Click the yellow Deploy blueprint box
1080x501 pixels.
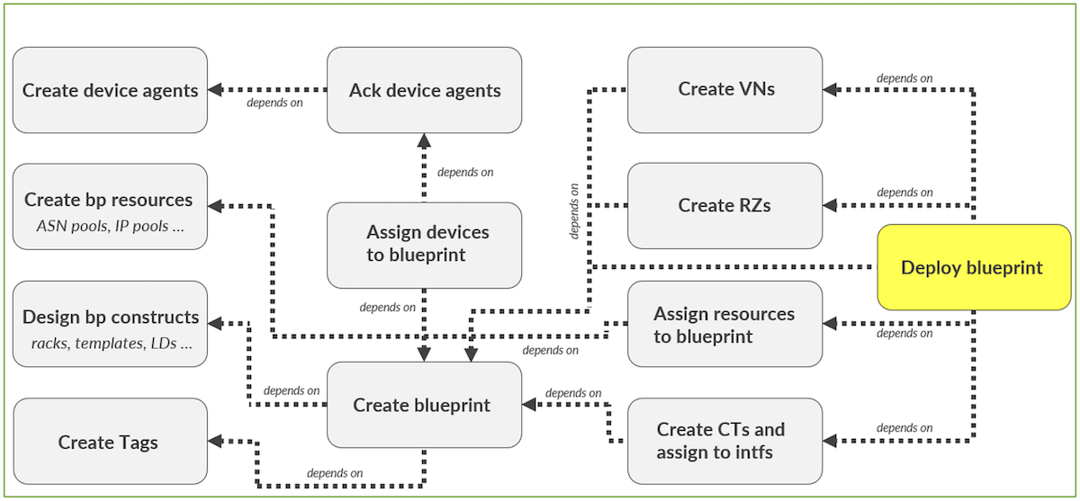pos(971,267)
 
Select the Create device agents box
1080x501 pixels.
pos(110,90)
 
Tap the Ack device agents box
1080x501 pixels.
pos(424,90)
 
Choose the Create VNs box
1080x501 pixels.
pos(724,89)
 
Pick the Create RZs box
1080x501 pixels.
pos(724,205)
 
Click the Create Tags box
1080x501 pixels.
pos(110,442)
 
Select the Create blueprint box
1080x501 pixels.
pos(424,405)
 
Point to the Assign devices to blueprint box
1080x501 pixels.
pos(424,244)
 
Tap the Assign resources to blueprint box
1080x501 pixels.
pos(724,324)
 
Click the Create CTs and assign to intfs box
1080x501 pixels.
pos(724,440)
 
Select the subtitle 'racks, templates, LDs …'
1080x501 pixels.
pos(110,343)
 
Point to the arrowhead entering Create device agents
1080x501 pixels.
pos(216,90)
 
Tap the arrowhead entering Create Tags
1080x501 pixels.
pos(216,440)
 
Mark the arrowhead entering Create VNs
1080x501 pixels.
pos(831,89)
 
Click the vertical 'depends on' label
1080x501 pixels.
pos(574,210)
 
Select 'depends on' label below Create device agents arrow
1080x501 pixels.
pos(274,103)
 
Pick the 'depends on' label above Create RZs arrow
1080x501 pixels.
pos(904,192)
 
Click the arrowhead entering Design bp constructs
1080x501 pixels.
pos(216,319)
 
